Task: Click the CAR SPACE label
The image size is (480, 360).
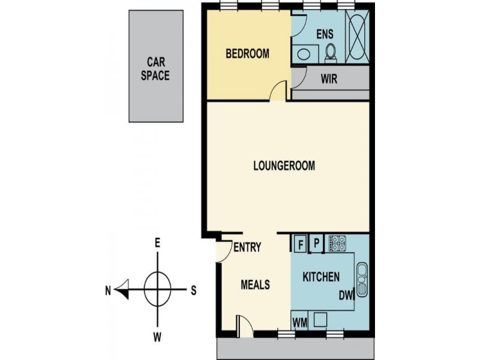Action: point(155,68)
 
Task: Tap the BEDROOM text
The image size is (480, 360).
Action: point(247,54)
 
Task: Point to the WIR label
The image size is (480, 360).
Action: point(328,78)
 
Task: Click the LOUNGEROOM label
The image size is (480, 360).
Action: point(284,166)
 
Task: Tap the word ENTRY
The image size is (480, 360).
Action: point(247,247)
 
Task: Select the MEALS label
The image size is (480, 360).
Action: point(255,284)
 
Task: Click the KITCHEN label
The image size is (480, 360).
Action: point(321,277)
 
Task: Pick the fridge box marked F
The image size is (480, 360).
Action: point(299,243)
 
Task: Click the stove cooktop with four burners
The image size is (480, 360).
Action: point(337,243)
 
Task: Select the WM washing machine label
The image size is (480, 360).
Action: point(300,322)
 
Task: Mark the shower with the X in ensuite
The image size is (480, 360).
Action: point(358,37)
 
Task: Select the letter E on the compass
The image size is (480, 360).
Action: point(157,243)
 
